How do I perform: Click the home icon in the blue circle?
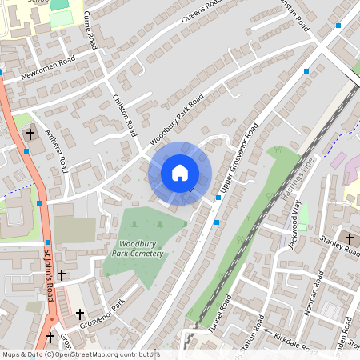click(x=180, y=173)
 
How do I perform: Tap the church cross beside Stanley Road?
click(x=349, y=239)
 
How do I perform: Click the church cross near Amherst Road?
click(x=30, y=134)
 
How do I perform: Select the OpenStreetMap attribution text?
click(x=70, y=354)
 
